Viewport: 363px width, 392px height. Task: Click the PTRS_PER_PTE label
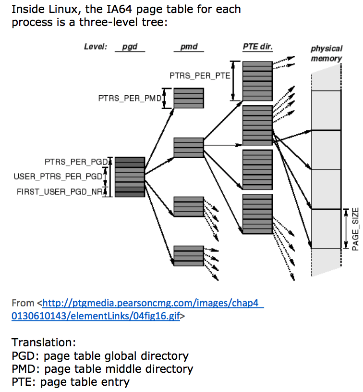coord(200,76)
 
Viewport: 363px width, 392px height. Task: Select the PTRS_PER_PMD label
coord(130,98)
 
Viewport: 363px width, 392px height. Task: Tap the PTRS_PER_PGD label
coord(76,162)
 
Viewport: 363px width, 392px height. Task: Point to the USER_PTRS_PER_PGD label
coord(58,177)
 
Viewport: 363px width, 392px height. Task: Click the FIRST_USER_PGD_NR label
coord(60,192)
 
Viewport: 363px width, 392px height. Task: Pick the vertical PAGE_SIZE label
coord(355,229)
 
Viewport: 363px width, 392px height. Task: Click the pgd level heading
coord(130,47)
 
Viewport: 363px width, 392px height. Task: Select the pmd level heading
coord(189,47)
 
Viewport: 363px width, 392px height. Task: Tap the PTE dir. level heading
coord(258,47)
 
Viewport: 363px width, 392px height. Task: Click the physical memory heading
coord(327,53)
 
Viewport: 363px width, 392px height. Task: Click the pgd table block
coord(130,177)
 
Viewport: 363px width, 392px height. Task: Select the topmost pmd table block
coord(189,98)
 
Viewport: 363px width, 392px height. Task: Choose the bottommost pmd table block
coord(189,256)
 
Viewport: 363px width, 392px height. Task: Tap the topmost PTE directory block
coord(258,81)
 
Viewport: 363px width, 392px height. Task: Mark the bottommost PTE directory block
coord(258,214)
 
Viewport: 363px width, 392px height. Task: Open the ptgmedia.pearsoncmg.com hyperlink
coord(137,309)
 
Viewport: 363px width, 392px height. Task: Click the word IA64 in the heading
coord(120,9)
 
